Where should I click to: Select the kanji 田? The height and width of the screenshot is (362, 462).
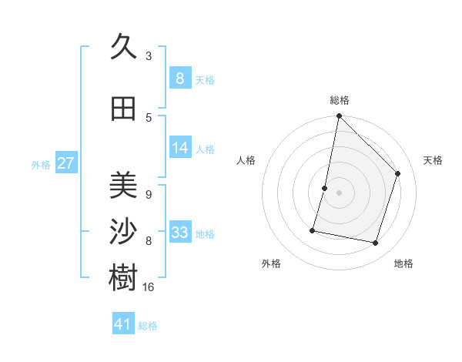click(x=123, y=109)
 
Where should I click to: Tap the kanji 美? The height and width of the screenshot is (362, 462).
click(x=123, y=185)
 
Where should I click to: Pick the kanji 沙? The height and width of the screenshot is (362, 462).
click(x=123, y=232)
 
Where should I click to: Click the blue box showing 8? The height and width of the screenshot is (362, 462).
click(x=179, y=78)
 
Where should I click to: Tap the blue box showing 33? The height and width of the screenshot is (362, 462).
click(x=180, y=232)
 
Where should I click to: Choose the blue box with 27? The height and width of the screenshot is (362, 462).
click(x=66, y=163)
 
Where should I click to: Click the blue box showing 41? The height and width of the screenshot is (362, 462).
click(x=123, y=324)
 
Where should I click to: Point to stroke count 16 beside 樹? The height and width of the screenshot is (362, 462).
click(x=149, y=287)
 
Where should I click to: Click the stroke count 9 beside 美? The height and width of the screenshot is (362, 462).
click(x=149, y=195)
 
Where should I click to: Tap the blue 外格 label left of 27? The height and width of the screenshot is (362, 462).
click(x=41, y=164)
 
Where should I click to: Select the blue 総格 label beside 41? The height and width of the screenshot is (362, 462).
click(x=148, y=326)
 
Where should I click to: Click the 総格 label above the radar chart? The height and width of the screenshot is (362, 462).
click(x=340, y=100)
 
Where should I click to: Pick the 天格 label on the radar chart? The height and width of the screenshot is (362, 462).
click(x=434, y=160)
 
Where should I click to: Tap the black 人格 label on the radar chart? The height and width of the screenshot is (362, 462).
click(x=246, y=160)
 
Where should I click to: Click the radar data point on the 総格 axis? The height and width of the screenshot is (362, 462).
click(x=339, y=116)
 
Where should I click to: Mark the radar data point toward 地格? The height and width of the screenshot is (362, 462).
click(x=375, y=243)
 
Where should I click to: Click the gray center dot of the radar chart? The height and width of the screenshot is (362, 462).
click(x=339, y=193)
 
